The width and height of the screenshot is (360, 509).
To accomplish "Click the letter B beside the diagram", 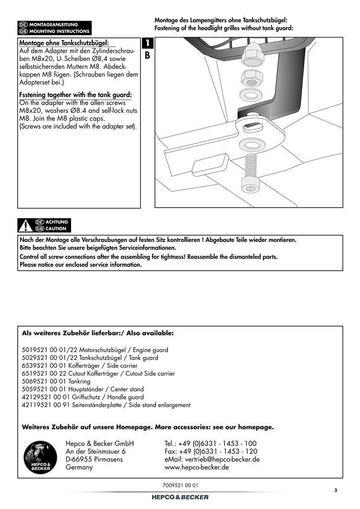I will pos(147,55).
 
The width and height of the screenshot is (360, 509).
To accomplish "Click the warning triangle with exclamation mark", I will pos(24,225).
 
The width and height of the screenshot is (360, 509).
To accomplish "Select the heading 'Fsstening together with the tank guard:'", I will pos(75,95).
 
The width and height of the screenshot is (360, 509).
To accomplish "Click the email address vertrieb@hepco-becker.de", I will pos(212,459).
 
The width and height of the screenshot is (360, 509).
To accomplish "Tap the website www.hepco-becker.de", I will pos(196,467).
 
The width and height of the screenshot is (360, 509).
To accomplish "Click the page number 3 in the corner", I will pos(336,490).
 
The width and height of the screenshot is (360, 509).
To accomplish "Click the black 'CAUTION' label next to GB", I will pos(57,229).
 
